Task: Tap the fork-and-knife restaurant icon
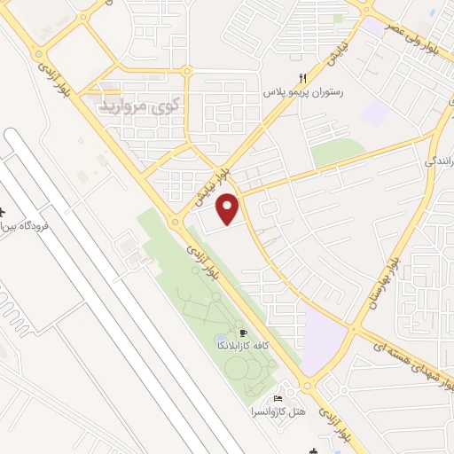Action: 303,78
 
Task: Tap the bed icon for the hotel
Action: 278,398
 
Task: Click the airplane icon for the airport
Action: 3,214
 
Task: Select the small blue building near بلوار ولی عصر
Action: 433,15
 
